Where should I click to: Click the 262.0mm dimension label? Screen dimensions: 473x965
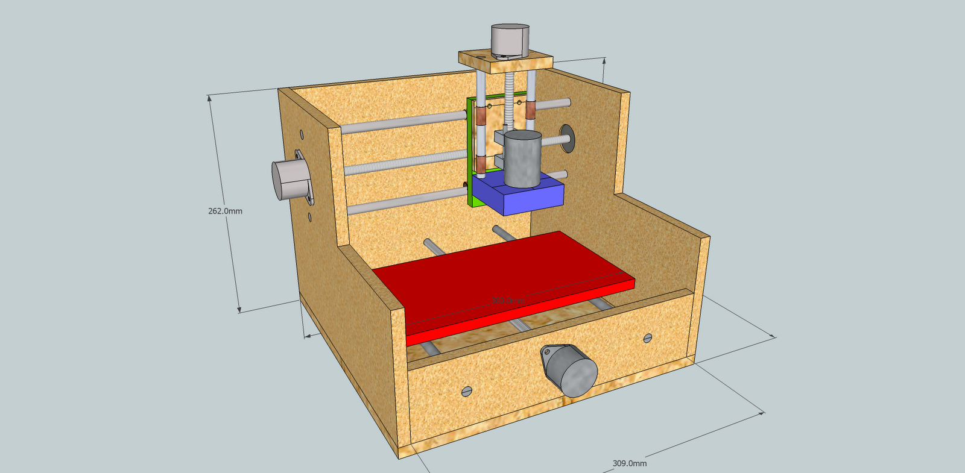pos(225,211)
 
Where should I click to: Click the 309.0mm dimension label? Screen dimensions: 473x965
pos(629,463)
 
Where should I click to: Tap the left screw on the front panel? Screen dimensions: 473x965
pos(466,391)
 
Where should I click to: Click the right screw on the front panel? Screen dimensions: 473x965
pos(648,338)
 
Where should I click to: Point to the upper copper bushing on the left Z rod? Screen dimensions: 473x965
pos(480,116)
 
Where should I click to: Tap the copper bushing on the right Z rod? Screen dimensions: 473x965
pos(530,110)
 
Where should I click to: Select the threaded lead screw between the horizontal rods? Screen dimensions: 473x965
pos(404,162)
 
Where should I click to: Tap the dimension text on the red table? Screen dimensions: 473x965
pos(507,300)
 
